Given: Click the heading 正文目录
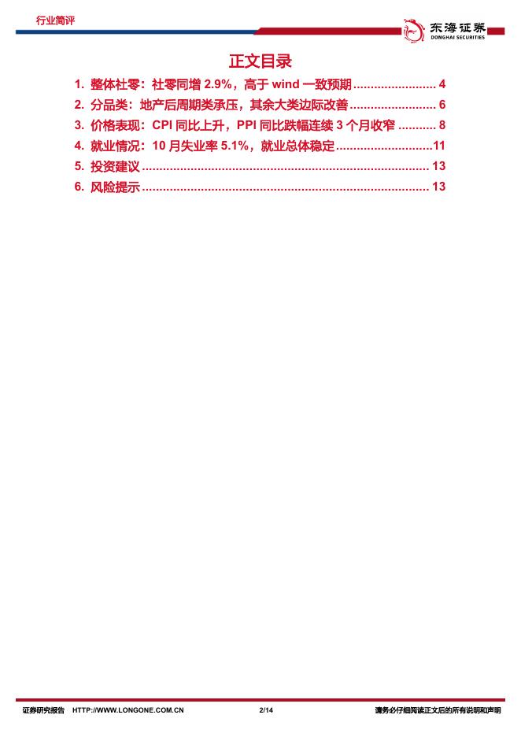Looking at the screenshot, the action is click(260, 61).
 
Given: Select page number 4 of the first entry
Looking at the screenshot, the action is click(442, 84).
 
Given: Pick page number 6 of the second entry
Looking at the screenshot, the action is click(442, 105).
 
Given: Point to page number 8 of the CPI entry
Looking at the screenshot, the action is click(442, 125).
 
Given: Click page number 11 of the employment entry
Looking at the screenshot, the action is click(440, 146).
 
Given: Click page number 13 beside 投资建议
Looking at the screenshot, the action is click(439, 166).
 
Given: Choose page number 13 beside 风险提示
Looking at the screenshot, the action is click(439, 187).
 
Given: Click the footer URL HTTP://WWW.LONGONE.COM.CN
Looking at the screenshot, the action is click(128, 710).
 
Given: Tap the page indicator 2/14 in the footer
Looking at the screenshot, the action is click(265, 710).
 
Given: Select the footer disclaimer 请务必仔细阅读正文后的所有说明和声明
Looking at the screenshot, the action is click(438, 710).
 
